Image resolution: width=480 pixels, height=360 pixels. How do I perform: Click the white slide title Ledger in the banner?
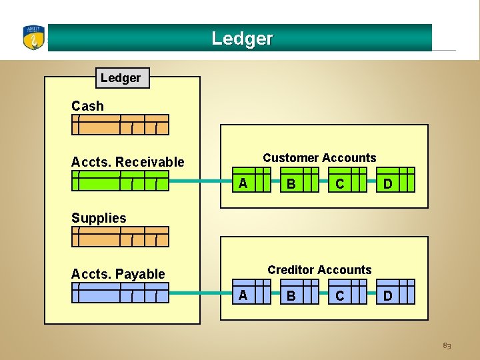point(242,39)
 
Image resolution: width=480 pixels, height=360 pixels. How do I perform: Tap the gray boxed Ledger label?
point(121,78)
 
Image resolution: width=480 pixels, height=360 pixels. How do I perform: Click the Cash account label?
point(87,106)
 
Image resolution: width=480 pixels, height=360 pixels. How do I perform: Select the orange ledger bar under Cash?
point(121,125)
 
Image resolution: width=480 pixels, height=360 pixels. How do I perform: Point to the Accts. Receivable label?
point(127,162)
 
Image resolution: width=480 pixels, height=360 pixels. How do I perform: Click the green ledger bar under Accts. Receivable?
point(121,181)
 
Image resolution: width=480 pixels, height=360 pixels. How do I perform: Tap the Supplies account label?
point(99,218)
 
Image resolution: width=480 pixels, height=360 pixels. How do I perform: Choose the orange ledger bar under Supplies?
point(121,237)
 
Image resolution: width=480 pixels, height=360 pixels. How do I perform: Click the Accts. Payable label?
point(118,274)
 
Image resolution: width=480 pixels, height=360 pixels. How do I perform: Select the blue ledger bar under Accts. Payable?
point(121,293)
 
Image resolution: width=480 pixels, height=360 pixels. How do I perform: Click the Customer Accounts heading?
point(319,158)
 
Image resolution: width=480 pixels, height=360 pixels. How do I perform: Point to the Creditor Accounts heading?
point(319,270)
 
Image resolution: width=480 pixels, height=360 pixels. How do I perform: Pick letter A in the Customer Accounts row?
point(243,183)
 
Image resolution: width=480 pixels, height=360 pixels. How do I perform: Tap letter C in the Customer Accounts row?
point(340,184)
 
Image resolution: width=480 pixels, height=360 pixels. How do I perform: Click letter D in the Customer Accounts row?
point(387,183)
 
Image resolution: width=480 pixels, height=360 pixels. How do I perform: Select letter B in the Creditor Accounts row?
point(291,296)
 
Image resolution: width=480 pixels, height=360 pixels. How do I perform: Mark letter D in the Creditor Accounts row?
point(387,295)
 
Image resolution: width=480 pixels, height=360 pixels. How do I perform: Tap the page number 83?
point(447,346)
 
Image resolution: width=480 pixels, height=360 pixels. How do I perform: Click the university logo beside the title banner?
point(33,38)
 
